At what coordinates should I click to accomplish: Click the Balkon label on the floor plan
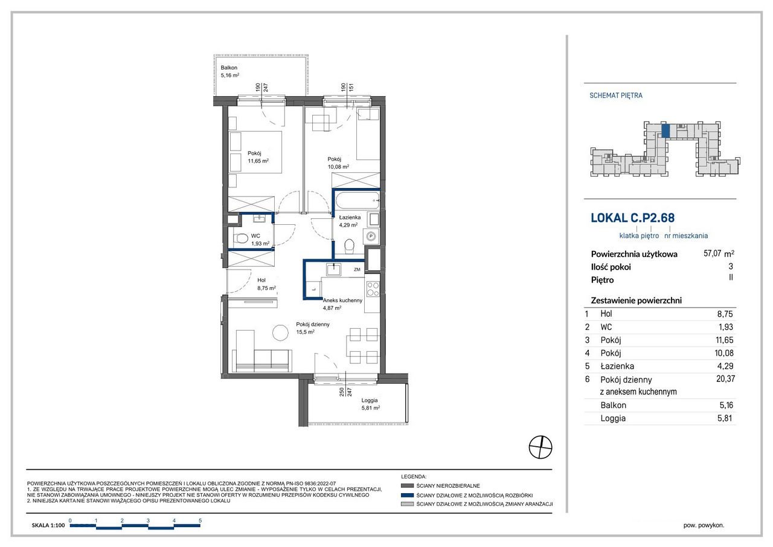[229, 68]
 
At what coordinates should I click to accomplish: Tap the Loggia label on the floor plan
[369, 400]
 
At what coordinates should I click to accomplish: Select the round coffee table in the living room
[280, 332]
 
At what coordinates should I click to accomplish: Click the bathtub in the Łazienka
[358, 200]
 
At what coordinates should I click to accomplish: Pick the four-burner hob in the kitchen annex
[373, 289]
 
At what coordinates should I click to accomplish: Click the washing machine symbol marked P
[371, 236]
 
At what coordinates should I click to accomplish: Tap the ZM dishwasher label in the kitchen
[357, 270]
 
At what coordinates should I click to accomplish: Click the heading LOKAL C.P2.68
[632, 218]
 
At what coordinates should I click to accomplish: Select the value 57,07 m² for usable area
[719, 253]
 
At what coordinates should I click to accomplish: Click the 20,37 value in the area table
[725, 379]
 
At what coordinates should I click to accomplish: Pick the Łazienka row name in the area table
[617, 366]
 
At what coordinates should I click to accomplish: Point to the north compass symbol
[540, 447]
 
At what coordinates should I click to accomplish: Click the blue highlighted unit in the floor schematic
[666, 131]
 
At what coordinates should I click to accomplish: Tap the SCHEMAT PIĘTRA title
[615, 95]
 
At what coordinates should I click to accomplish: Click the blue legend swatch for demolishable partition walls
[407, 495]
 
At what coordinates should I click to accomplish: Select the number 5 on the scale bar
[200, 520]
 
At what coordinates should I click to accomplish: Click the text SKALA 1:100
[48, 525]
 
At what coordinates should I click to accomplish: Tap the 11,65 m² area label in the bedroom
[258, 161]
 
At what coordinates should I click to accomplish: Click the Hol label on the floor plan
[261, 280]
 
